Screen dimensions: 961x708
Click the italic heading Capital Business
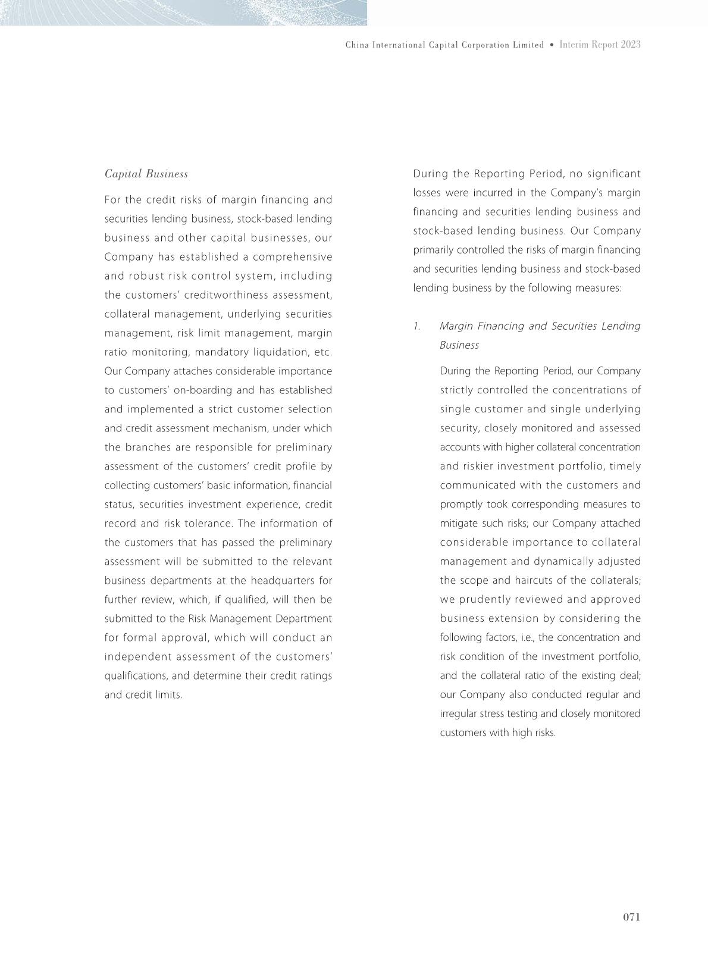[x=146, y=174]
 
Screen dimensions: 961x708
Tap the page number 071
[x=631, y=917]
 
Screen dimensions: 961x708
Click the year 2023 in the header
[x=631, y=45]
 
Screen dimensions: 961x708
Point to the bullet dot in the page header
[x=552, y=45]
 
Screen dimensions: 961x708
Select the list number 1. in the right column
[x=417, y=326]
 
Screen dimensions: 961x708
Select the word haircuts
[x=534, y=580]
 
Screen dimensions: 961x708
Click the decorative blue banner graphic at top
[x=183, y=12]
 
